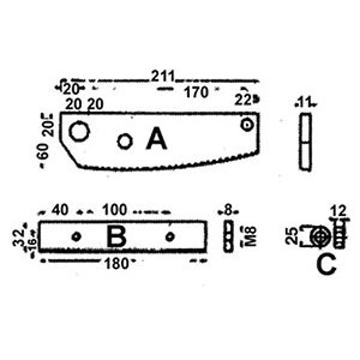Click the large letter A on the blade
tap(157, 138)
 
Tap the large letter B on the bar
tap(116, 237)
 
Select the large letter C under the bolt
tap(326, 265)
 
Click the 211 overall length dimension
tap(163, 76)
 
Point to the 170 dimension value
tap(197, 92)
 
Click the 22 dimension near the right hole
tap(243, 100)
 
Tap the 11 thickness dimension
tap(305, 102)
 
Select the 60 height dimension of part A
tap(44, 152)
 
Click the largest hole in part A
tap(79, 131)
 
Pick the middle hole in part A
tap(125, 141)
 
